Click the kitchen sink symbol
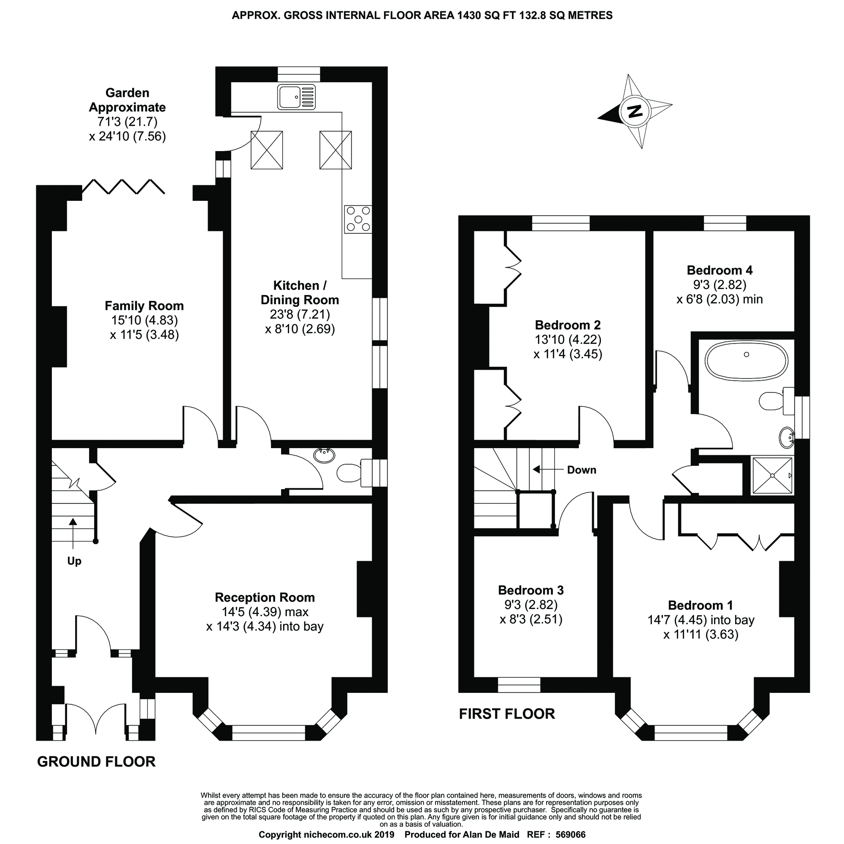click(x=296, y=97)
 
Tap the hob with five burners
click(x=358, y=219)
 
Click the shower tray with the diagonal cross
click(x=772, y=476)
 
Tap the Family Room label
click(x=144, y=306)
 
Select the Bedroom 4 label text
click(x=720, y=270)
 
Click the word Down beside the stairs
click(x=581, y=470)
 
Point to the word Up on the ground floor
click(x=74, y=561)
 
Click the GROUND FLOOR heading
click(x=96, y=761)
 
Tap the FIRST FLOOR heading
click(x=507, y=714)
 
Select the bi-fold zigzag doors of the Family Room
click(x=123, y=187)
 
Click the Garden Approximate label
click(x=127, y=100)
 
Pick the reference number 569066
click(x=570, y=835)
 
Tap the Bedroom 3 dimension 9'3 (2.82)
click(x=531, y=605)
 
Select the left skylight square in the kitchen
click(x=266, y=150)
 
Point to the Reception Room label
click(x=265, y=597)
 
